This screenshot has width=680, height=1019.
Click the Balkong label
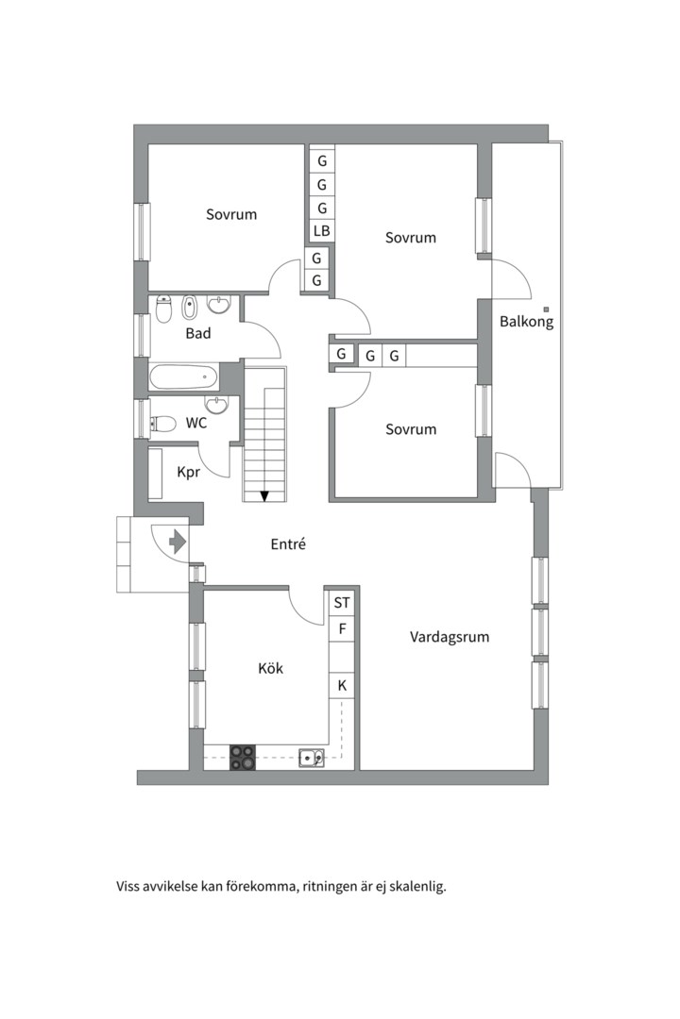pos(526,321)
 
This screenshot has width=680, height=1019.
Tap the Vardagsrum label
pos(449,637)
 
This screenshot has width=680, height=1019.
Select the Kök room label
pos(271,668)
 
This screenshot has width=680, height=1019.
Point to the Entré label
pos(288,544)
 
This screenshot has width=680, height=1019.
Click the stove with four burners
pos(242,757)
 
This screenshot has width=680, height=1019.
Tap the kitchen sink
pos(312,758)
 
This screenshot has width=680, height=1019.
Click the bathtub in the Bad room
pos(183,376)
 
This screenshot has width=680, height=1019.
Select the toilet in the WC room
pos(162,425)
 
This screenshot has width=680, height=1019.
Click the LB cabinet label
pos(321,231)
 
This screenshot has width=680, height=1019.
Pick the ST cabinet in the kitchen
pos(342,602)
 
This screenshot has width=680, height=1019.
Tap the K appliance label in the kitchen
pos(342,686)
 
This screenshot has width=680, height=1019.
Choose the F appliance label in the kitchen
pos(342,629)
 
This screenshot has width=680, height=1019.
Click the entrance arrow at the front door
pos(178,542)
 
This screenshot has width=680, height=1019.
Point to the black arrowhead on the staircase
pos(264,496)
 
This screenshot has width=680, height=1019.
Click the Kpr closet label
pos(189,472)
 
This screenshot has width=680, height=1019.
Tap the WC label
pos(196,423)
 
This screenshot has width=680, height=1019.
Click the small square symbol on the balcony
pos(547,309)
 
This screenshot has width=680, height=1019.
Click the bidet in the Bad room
pos(189,308)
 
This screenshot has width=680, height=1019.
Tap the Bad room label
pos(198,333)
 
